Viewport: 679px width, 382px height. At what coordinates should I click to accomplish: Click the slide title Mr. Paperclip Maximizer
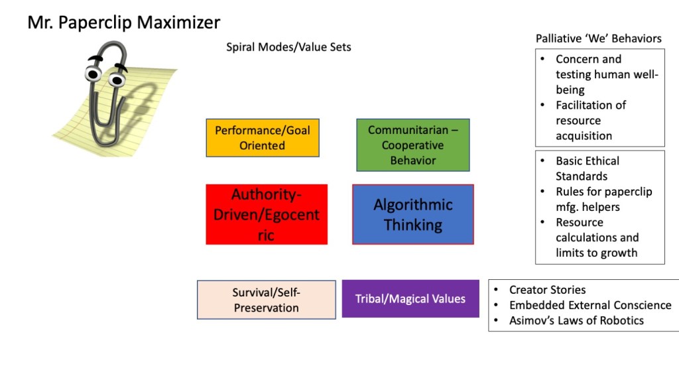click(x=123, y=23)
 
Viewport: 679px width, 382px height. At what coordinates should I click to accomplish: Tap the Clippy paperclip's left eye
click(x=91, y=71)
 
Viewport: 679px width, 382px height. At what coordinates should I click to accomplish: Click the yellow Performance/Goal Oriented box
click(x=263, y=138)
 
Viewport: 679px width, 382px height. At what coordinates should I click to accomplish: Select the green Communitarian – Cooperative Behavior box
click(x=412, y=145)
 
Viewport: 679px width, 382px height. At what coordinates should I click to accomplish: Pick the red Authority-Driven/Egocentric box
click(x=266, y=214)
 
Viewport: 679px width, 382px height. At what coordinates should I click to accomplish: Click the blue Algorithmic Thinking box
click(x=412, y=214)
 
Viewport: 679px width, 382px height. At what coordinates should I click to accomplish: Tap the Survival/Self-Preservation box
click(x=266, y=300)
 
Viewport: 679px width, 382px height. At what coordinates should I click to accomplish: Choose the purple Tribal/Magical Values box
click(x=410, y=299)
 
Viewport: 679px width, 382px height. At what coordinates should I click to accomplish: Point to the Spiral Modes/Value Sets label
click(x=288, y=47)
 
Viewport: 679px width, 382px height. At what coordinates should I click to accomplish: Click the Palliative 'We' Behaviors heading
click(x=598, y=38)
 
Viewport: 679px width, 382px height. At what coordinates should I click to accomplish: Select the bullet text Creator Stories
click(x=547, y=290)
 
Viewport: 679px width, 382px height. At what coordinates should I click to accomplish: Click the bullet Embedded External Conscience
click(x=589, y=305)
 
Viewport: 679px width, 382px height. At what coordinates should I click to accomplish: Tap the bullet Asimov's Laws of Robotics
click(x=576, y=320)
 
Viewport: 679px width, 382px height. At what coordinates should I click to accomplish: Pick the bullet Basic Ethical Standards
click(x=587, y=168)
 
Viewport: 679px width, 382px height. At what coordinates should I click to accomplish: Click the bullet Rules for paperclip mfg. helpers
click(x=603, y=199)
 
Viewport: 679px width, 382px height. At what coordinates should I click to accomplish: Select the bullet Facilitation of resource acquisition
click(x=590, y=120)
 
